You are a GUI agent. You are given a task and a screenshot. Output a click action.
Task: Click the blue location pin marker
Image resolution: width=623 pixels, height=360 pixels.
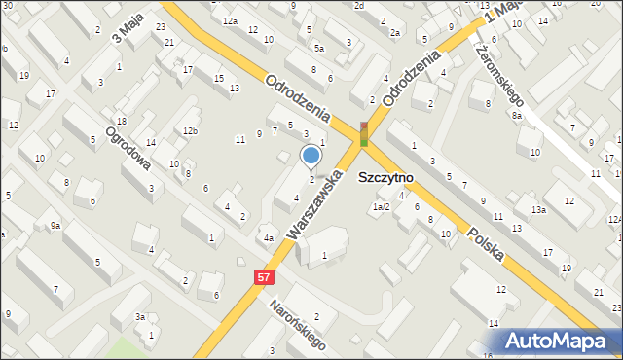coord(311,156)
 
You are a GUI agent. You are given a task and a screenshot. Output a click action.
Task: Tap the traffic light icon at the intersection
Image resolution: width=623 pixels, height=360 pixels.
coord(364,134)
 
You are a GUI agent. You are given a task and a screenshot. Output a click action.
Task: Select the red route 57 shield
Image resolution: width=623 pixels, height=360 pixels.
coord(264,277)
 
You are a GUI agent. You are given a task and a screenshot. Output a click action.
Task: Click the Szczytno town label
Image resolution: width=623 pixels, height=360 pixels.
coord(386,178)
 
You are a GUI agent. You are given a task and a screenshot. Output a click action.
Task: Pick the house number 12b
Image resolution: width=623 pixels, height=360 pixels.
coord(190,131)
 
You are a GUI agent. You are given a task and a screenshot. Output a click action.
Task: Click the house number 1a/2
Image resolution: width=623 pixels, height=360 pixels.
coord(381,206)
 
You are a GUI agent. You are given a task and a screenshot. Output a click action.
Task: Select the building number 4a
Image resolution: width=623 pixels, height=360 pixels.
coord(269,237)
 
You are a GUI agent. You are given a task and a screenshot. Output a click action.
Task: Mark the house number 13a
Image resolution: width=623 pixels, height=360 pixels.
coord(538,209)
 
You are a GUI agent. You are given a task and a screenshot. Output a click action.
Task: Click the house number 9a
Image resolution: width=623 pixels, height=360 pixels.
coord(56,226)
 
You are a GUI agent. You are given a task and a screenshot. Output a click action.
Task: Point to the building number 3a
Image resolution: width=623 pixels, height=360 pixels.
coord(140,317)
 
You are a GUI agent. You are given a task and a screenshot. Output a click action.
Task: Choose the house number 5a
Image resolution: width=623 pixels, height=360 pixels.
coord(318,47)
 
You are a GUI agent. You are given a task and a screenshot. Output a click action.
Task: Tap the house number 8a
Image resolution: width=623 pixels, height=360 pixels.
coord(518,116)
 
